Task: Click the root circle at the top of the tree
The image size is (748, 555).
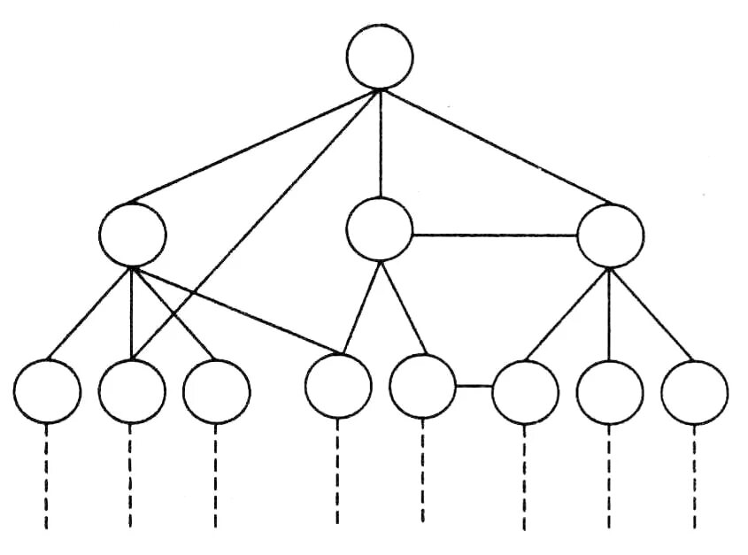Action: pyautogui.click(x=380, y=56)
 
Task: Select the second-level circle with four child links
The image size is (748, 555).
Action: pyautogui.click(x=133, y=235)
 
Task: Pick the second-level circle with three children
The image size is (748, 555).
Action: pyautogui.click(x=610, y=235)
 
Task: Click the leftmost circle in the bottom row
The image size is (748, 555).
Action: pyautogui.click(x=47, y=390)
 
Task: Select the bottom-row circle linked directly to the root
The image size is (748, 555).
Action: pyautogui.click(x=131, y=390)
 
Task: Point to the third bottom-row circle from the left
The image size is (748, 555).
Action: pyautogui.click(x=216, y=390)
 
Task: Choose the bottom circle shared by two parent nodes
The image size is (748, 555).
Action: pyautogui.click(x=337, y=386)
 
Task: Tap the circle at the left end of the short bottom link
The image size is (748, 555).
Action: pyautogui.click(x=422, y=385)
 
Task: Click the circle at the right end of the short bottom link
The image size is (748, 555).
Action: pyautogui.click(x=525, y=390)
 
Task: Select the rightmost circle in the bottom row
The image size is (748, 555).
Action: pyautogui.click(x=695, y=390)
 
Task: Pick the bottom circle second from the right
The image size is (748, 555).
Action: pyautogui.click(x=610, y=390)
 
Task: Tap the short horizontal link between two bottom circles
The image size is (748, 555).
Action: pyautogui.click(x=474, y=386)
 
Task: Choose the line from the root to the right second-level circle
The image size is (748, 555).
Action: pyautogui.click(x=496, y=146)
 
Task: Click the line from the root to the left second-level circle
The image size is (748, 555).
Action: pyautogui.click(x=257, y=147)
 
